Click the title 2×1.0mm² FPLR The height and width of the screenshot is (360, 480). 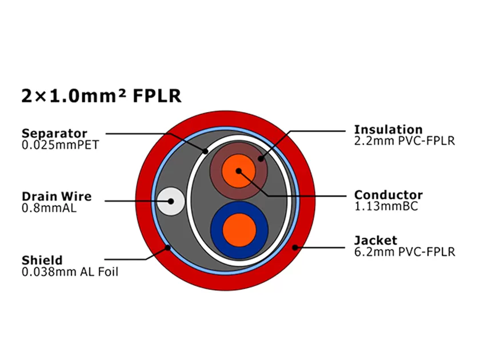[x=101, y=95]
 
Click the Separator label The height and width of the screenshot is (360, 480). [x=54, y=134]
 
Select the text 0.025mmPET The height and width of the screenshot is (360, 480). [x=60, y=145]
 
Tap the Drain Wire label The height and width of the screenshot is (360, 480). [x=56, y=197]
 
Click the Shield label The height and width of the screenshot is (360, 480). [x=42, y=261]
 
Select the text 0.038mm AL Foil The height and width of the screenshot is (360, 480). [x=70, y=272]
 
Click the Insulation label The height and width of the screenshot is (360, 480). [x=388, y=129]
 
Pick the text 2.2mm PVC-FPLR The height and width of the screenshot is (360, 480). [x=405, y=141]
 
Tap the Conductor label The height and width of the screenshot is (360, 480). [x=389, y=195]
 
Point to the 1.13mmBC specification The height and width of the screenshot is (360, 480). [x=386, y=206]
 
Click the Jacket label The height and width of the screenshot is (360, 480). [x=375, y=240]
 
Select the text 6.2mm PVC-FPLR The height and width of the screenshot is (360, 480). [x=405, y=251]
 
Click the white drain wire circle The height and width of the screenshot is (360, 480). [x=170, y=201]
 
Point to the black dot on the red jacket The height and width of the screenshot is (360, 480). [x=295, y=247]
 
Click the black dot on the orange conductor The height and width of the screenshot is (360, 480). [x=239, y=170]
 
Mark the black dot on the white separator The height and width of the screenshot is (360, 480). [x=206, y=151]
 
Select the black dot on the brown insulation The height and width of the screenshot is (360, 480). [x=261, y=159]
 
